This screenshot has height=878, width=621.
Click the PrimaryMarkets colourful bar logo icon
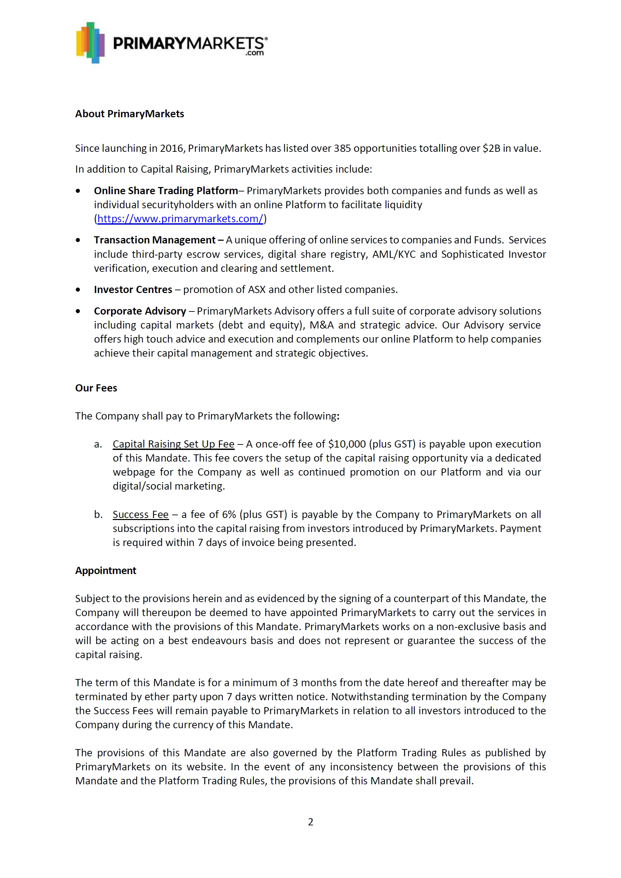(x=90, y=43)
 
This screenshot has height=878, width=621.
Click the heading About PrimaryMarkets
(x=129, y=114)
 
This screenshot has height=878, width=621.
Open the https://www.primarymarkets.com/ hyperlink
(x=180, y=218)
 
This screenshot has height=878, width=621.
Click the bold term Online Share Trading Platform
(x=166, y=190)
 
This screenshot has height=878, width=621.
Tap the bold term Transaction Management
(x=155, y=240)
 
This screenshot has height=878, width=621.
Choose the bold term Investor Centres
(x=133, y=289)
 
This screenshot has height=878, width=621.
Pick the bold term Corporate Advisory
(x=140, y=311)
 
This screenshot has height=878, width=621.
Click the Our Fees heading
(x=96, y=388)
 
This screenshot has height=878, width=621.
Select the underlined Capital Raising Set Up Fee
(x=173, y=444)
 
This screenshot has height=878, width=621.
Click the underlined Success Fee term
(x=140, y=515)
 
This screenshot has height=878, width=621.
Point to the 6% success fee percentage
(x=229, y=515)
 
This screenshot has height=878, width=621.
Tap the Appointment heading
(x=106, y=570)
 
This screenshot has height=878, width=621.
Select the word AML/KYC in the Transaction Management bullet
(x=394, y=254)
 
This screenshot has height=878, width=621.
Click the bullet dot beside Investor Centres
(x=78, y=290)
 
